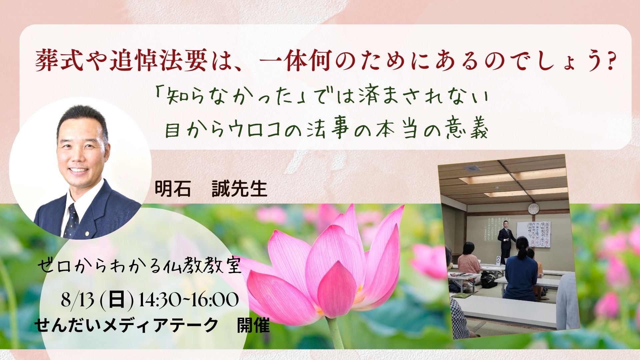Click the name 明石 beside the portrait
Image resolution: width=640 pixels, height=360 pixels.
click(173, 189)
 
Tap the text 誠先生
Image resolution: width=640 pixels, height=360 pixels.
click(240, 189)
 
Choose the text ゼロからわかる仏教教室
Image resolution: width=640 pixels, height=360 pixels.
click(139, 267)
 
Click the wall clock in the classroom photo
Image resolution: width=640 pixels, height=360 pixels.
click(533, 209)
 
